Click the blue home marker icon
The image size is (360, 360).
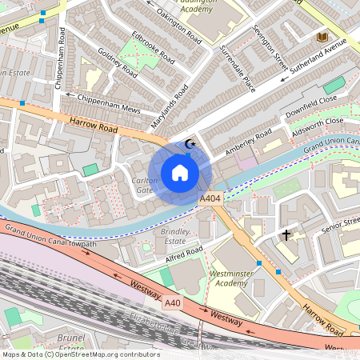click(x=180, y=173)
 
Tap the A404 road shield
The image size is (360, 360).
click(x=210, y=198)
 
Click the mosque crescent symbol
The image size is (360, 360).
click(x=190, y=144)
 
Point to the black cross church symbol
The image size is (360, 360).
click(x=286, y=235)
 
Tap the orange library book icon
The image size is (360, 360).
click(x=322, y=38)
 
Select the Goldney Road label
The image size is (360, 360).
click(x=116, y=66)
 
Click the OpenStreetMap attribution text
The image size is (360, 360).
click(x=80, y=354)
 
